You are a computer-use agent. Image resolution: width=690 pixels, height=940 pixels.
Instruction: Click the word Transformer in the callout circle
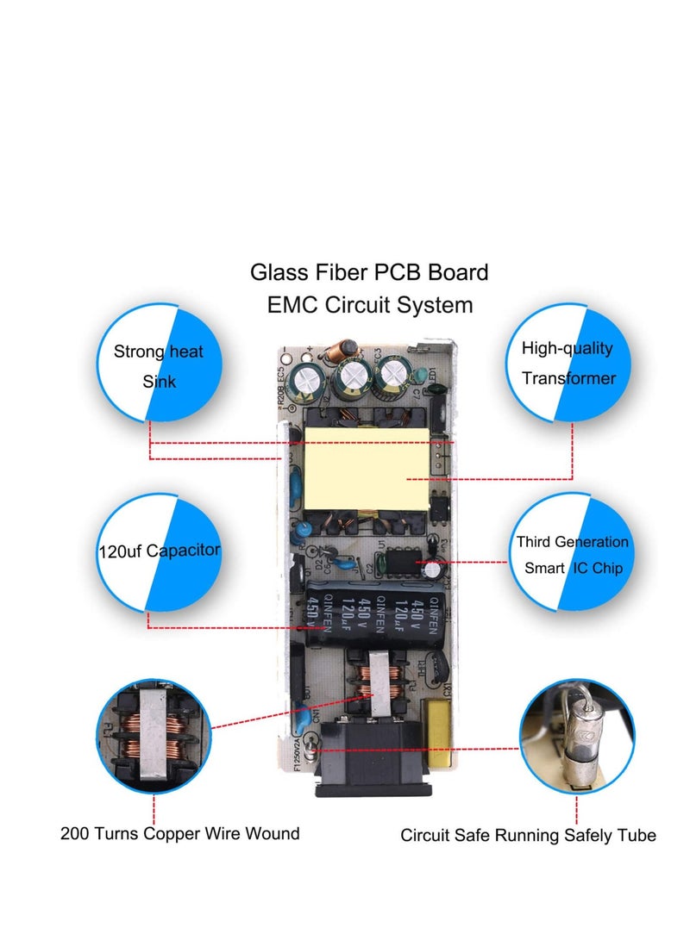568,378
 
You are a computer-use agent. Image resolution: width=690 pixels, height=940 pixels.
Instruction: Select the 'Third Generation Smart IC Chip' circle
572,554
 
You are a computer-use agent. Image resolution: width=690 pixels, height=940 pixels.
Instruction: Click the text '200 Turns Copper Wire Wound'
180,833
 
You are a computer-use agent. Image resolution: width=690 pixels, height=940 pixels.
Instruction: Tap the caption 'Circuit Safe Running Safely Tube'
528,835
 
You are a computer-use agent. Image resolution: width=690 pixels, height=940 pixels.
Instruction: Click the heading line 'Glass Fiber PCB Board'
369,272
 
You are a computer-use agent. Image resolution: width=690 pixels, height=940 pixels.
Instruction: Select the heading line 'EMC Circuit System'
369,304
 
